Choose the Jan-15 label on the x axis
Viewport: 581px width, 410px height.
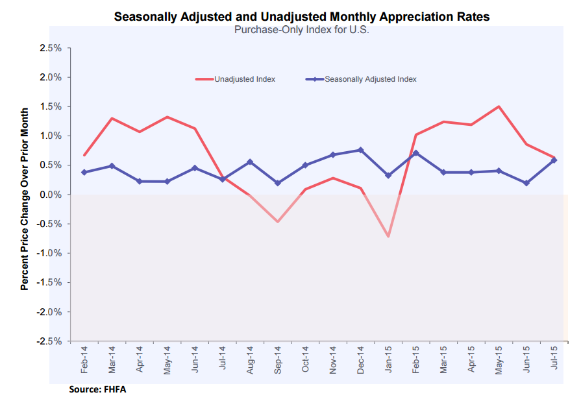(x=388, y=357)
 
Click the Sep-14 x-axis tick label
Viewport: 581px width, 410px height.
(x=278, y=357)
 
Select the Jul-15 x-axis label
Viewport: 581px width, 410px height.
(x=554, y=357)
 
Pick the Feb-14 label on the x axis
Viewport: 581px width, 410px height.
(x=84, y=357)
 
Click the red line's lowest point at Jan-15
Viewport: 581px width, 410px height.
(x=388, y=236)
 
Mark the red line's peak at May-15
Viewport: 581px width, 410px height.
(x=499, y=106)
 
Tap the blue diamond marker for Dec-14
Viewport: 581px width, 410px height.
(x=361, y=150)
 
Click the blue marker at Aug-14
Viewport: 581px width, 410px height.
(x=251, y=162)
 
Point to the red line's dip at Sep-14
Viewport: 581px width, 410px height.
(x=278, y=222)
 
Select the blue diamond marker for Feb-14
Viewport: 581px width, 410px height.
(x=84, y=172)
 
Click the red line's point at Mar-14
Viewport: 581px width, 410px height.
(x=112, y=118)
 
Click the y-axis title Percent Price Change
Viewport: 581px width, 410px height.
(x=24, y=199)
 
